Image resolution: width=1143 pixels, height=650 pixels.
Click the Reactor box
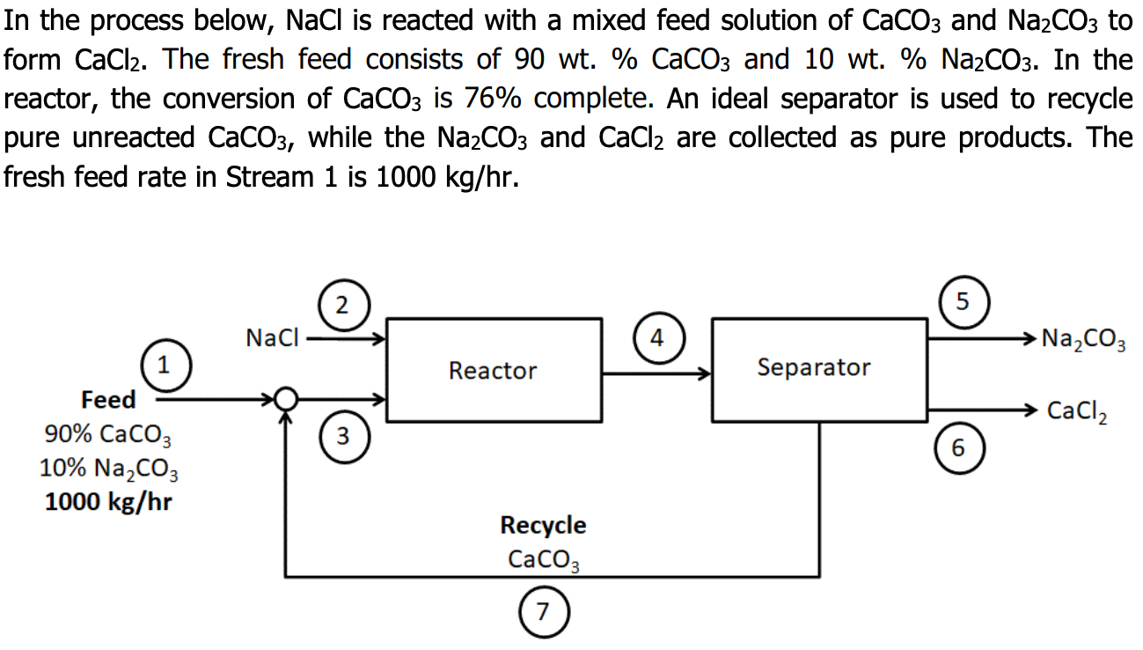494,370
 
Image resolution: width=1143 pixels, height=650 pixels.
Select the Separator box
814,368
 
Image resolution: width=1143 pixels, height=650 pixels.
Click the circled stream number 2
341,306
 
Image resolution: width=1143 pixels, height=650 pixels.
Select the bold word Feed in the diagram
108,400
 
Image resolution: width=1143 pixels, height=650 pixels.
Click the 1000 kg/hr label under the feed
108,502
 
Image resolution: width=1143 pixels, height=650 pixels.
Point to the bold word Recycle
543,525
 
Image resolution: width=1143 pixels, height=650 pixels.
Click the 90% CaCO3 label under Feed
108,435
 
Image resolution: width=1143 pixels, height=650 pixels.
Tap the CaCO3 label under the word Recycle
543,559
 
